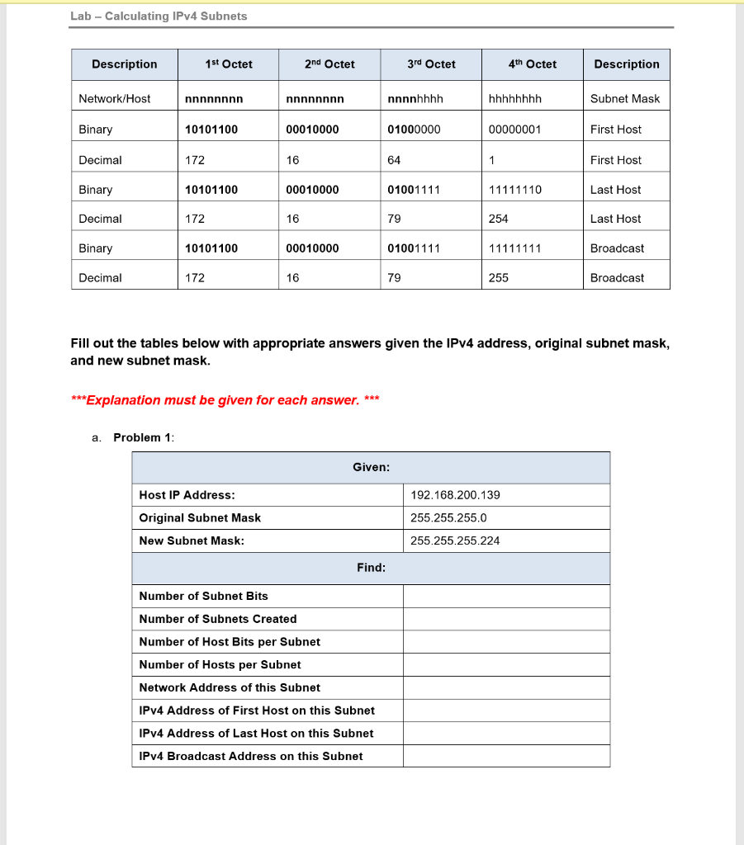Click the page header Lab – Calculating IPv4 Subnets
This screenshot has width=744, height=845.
coord(159,16)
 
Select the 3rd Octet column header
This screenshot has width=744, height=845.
coord(431,64)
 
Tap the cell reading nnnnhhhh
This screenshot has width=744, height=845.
coord(415,99)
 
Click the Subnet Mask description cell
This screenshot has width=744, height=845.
coord(625,99)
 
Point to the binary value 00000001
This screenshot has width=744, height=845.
coord(514,130)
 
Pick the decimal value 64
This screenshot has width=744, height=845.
coord(395,160)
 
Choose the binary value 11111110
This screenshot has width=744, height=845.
coord(515,190)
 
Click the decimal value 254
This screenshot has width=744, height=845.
coord(499,219)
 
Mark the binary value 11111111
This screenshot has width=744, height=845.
coord(515,248)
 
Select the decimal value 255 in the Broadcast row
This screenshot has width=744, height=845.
coord(499,278)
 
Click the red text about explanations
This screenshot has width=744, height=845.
coord(225,400)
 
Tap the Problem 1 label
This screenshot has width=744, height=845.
coord(143,437)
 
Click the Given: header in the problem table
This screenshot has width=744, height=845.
coord(371,468)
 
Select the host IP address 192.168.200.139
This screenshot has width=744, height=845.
coord(455,495)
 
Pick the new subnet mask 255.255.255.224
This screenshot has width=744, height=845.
coord(455,541)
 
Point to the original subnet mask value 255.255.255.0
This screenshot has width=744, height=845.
coord(448,518)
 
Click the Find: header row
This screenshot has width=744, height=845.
coord(371,568)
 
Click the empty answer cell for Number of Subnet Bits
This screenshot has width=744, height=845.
coord(506,596)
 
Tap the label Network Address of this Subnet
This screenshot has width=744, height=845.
coord(230,687)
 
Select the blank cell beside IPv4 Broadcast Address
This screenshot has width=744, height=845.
coord(506,756)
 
